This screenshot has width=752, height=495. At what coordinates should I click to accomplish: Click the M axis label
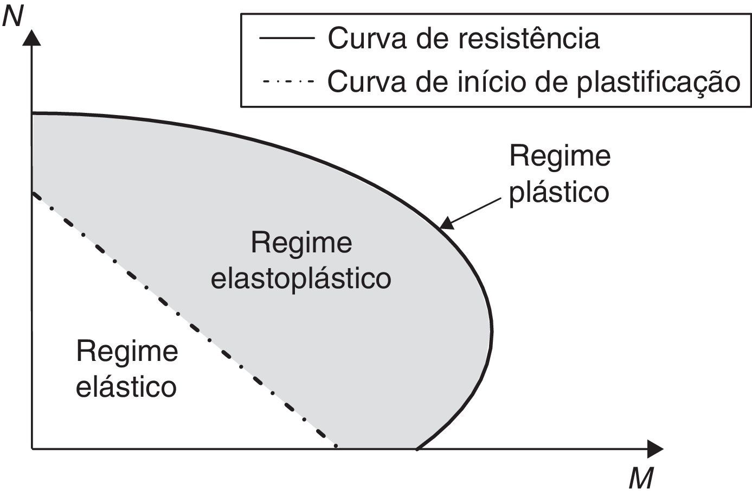coord(642,479)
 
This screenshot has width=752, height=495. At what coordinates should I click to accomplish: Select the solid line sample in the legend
coord(287,39)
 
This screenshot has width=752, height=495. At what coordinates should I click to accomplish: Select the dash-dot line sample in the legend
coord(287,82)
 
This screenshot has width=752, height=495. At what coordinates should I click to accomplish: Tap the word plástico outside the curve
coord(559,192)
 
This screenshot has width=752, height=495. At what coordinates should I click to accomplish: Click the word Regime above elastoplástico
coord(301,243)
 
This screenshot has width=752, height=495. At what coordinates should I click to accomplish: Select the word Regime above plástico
coord(560,156)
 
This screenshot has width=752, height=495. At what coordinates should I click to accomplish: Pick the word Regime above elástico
coord(127,351)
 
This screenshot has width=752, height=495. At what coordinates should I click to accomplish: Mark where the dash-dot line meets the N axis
coord(33,193)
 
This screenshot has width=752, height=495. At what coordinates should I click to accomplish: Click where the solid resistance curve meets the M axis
coord(416,448)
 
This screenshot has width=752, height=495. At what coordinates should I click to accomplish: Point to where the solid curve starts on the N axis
coord(33,113)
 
